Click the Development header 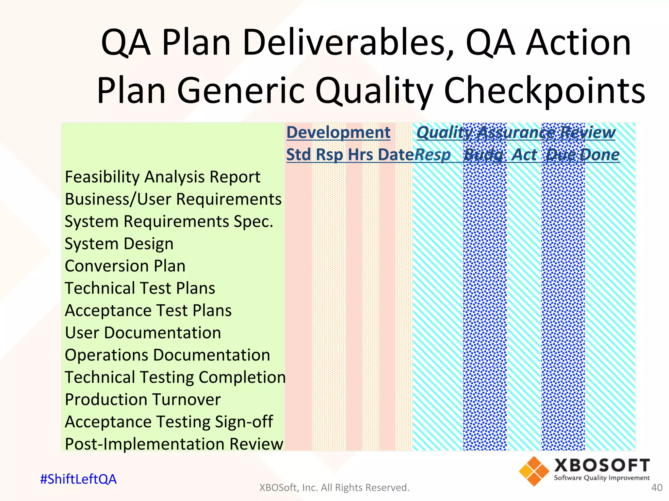pos(338,132)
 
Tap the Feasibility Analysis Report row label pos(162,177)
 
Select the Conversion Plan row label pos(125,266)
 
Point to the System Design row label pos(119,244)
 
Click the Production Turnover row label pos(143,400)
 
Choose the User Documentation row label pos(143,333)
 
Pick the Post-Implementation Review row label pos(174,444)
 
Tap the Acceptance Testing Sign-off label pos(169,422)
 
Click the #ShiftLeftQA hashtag pos(78,479)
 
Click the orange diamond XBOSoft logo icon pos(534,471)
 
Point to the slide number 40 pos(657,488)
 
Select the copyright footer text pos(334,488)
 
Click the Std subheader pos(299,155)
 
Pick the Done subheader pos(600,155)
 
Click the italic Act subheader pos(524,155)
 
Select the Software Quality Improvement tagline pos(602,478)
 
